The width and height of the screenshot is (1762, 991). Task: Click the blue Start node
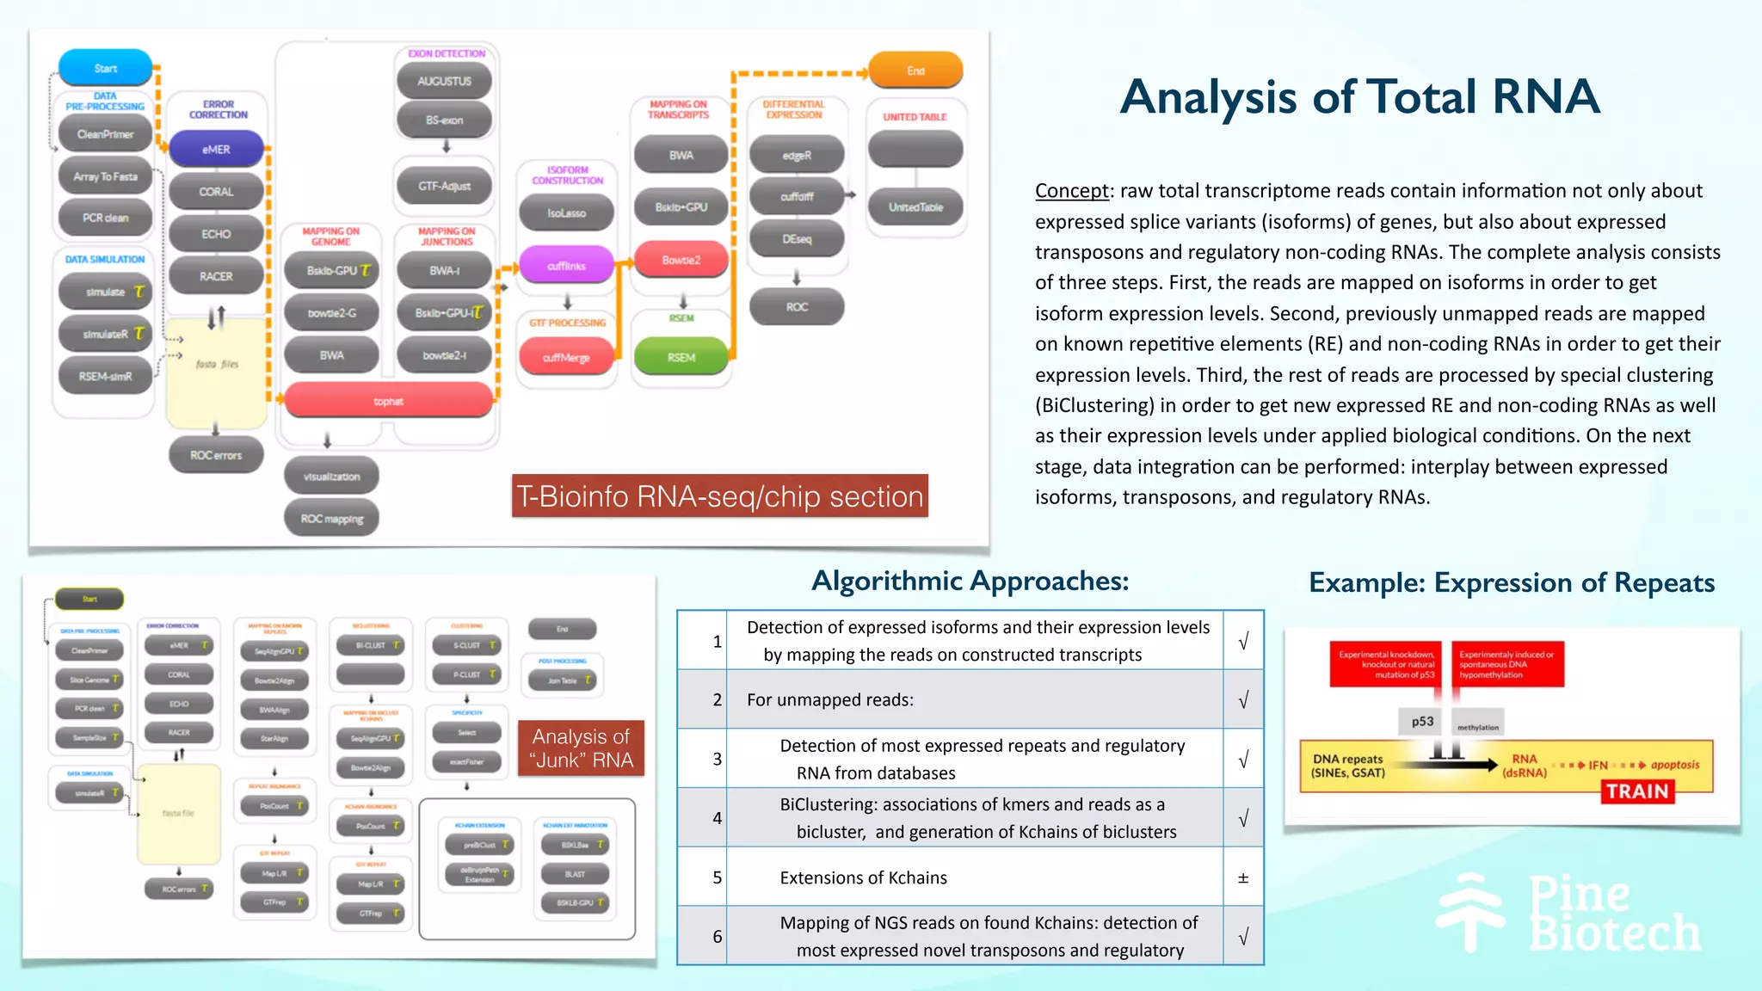(105, 68)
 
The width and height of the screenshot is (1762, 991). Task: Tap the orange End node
(915, 71)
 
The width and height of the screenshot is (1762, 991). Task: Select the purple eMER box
(216, 149)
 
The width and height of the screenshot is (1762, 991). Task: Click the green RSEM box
(681, 357)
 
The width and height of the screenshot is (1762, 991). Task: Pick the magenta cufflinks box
(566, 265)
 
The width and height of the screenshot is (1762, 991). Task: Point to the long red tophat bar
(388, 401)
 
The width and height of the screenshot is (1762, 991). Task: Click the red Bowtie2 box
(681, 259)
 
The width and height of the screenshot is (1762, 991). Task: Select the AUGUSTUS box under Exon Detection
(444, 81)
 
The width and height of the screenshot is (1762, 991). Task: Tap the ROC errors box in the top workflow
(216, 455)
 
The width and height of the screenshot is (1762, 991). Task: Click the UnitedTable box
(915, 207)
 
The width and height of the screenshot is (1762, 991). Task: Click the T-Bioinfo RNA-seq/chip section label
(719, 496)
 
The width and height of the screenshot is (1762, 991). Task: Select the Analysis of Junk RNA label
(581, 748)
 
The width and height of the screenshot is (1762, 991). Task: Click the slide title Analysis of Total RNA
(1359, 96)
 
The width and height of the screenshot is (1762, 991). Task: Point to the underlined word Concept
(1071, 191)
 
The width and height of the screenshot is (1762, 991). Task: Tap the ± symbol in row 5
(1242, 877)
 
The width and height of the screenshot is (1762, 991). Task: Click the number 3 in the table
(717, 759)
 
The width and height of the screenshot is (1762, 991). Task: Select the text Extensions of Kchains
(863, 877)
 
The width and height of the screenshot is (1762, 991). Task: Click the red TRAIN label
(1636, 791)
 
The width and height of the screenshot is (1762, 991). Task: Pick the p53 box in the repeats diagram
(1422, 722)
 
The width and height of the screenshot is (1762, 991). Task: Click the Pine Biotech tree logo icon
(1470, 912)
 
